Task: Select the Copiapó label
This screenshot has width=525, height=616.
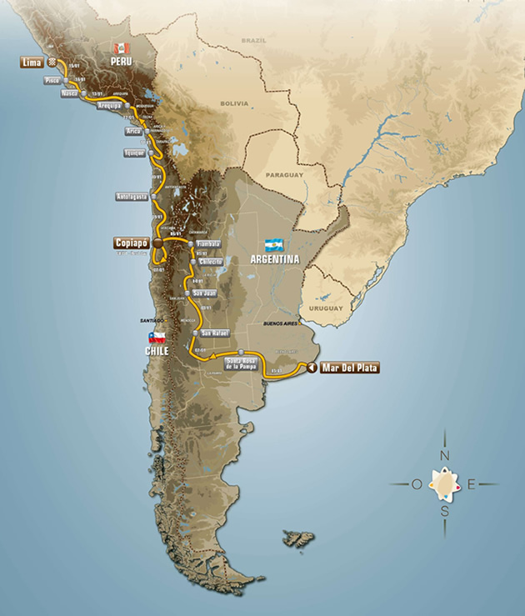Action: (x=129, y=243)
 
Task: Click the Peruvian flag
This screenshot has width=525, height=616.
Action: (x=121, y=48)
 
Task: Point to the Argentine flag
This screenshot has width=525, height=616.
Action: (x=275, y=245)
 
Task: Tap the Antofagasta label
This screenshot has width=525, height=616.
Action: (x=132, y=197)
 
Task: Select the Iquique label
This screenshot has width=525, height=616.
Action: (x=134, y=153)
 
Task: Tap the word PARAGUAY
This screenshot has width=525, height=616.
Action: (x=282, y=176)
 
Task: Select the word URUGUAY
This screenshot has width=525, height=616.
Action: (x=327, y=308)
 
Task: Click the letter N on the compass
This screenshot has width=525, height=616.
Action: (x=445, y=456)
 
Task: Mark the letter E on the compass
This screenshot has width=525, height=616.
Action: (x=472, y=483)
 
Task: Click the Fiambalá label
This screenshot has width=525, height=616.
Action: (x=207, y=244)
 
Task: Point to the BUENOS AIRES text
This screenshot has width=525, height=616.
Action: (x=280, y=322)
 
